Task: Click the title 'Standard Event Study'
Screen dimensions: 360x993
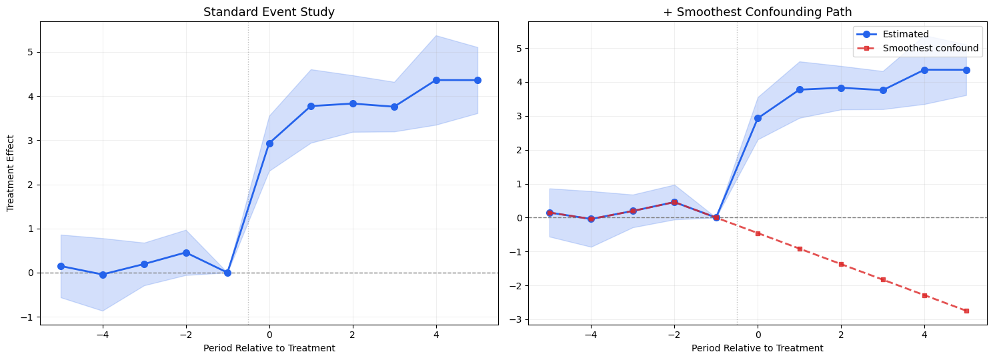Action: (x=269, y=12)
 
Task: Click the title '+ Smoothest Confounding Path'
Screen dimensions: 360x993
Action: (x=757, y=12)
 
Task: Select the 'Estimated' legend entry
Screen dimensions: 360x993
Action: (x=905, y=35)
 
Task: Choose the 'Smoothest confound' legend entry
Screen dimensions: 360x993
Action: (x=930, y=48)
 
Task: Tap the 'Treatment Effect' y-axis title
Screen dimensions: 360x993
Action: (x=11, y=173)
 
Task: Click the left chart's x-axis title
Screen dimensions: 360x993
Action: (x=269, y=348)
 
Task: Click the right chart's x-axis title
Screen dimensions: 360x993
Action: (x=757, y=348)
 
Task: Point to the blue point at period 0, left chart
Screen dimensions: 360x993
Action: (x=269, y=143)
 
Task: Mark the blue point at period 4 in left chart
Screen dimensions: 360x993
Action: (x=436, y=80)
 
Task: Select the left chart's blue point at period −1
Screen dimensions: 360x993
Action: (x=227, y=273)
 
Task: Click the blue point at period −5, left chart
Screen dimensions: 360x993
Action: (x=61, y=266)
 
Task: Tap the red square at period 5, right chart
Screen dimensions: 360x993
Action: (x=966, y=311)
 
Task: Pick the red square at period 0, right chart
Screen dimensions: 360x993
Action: (x=758, y=233)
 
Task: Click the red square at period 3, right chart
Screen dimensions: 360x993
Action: (x=883, y=279)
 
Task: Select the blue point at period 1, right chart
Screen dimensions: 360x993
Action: (x=800, y=89)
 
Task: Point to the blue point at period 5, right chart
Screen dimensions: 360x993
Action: (x=966, y=70)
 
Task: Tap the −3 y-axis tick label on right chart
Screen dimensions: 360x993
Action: (x=516, y=319)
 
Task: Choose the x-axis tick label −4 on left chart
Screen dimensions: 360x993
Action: (x=102, y=334)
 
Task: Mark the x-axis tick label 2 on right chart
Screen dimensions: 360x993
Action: (x=841, y=334)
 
